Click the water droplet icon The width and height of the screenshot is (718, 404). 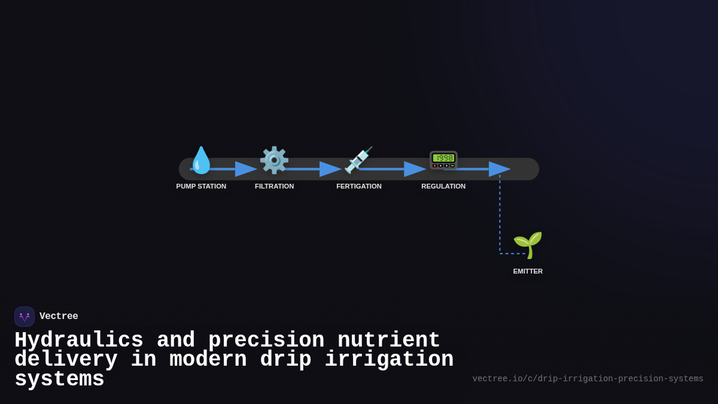(x=201, y=160)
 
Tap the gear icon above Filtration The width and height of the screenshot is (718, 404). (x=274, y=160)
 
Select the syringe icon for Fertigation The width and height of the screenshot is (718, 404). (x=358, y=160)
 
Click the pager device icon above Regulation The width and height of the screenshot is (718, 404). (x=443, y=160)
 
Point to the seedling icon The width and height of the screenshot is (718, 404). (x=528, y=245)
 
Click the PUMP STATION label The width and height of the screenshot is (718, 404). (x=201, y=186)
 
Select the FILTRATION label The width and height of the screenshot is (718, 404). (x=274, y=186)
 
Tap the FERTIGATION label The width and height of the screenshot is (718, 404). (x=358, y=186)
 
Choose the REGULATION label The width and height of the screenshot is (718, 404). (x=443, y=186)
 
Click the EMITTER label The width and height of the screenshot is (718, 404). (x=528, y=271)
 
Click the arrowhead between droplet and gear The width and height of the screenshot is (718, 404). (x=245, y=169)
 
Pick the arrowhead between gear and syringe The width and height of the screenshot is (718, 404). (x=330, y=169)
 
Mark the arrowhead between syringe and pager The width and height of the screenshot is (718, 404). (x=415, y=169)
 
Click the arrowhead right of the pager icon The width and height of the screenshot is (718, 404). (x=499, y=169)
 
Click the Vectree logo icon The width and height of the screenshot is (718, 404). (x=25, y=317)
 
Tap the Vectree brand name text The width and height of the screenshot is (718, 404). (x=59, y=317)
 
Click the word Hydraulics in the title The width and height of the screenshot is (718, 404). (x=79, y=341)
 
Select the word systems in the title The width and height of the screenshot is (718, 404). (x=59, y=379)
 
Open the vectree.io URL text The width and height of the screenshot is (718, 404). (x=588, y=379)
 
